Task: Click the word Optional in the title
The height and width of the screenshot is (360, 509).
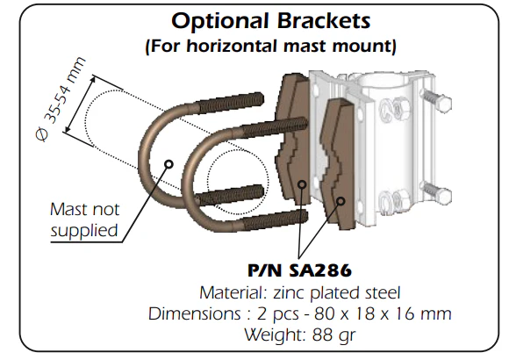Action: click(x=219, y=21)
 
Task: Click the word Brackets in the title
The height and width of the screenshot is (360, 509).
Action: click(x=324, y=20)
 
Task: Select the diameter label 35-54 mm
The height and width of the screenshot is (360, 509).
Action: click(x=64, y=90)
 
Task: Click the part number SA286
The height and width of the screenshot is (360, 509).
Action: click(x=320, y=270)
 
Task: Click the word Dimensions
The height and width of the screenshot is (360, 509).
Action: click(x=195, y=313)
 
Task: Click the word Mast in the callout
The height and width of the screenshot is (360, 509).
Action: click(x=68, y=210)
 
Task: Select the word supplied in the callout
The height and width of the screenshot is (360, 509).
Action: click(x=83, y=231)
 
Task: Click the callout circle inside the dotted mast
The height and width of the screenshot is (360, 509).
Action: click(x=168, y=163)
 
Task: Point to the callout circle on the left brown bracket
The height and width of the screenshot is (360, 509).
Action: click(x=302, y=184)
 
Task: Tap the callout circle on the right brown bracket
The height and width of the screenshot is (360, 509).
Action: click(x=341, y=201)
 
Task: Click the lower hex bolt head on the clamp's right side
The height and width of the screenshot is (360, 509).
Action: click(x=443, y=196)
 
